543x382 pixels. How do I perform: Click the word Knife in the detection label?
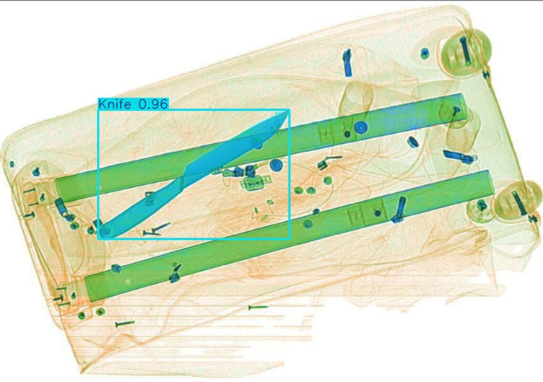coord(114,104)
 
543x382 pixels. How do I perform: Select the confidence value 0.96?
coord(153,104)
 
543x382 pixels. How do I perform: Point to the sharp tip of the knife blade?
coord(287,111)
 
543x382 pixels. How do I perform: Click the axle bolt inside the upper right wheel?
coord(465,51)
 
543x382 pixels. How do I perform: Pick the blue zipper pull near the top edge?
coord(348,63)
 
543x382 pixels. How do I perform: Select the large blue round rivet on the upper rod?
coord(361,127)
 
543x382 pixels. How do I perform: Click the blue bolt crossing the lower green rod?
coord(399,209)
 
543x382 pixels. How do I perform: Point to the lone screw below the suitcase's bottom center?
coord(258,307)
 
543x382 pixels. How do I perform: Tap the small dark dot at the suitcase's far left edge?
coord(12,164)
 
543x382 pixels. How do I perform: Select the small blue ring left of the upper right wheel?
coord(425,53)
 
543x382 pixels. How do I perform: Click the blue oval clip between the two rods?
coord(413,141)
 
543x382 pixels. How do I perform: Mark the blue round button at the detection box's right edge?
coord(276,166)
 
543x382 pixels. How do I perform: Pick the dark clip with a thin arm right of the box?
coord(328,163)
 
